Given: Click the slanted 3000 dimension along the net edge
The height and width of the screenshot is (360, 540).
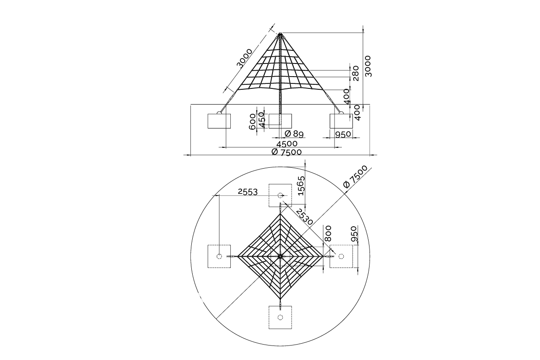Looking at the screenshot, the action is pos(245,58).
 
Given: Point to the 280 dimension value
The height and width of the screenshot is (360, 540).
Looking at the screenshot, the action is pos(355,73).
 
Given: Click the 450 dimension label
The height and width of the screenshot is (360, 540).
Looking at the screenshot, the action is pos(261,119).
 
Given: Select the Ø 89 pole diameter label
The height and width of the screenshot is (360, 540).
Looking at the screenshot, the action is pos(294,134).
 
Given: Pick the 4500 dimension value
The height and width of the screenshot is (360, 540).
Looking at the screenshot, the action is pos(287,143).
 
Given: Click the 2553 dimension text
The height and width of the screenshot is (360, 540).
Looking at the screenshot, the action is pos(248,191).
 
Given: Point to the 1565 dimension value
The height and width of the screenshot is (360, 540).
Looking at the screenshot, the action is pos(302,186).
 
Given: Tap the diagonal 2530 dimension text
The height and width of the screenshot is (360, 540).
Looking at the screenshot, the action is pos(304,217).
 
